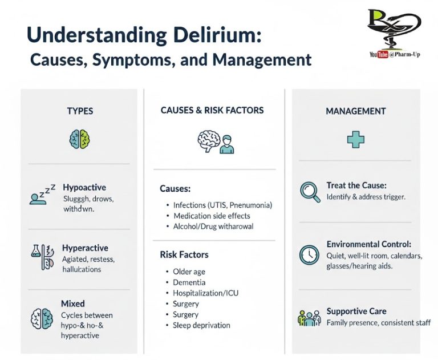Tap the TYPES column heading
(x=80, y=111)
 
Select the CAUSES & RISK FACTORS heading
(x=212, y=110)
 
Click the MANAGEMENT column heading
(x=356, y=111)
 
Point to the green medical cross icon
(x=356, y=139)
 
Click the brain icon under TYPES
(x=80, y=139)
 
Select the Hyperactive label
(x=85, y=248)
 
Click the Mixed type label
(x=72, y=304)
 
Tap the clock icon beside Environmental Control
(x=309, y=254)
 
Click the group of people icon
(x=309, y=318)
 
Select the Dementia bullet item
(x=189, y=282)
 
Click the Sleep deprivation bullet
(x=201, y=325)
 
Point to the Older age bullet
(x=189, y=272)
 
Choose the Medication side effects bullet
(x=212, y=216)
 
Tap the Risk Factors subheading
(x=184, y=254)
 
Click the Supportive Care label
(x=356, y=312)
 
